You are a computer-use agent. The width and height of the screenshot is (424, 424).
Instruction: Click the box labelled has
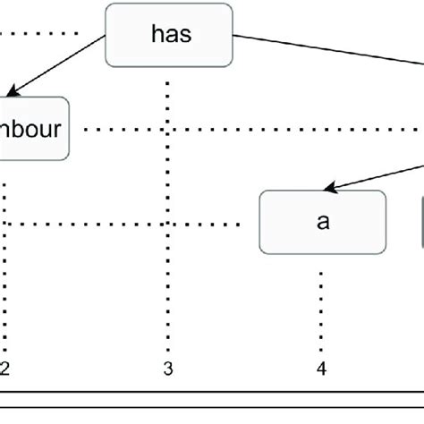click(169, 35)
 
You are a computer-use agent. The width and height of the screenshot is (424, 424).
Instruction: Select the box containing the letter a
click(323, 221)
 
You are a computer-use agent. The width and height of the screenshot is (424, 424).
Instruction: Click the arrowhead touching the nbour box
click(13, 92)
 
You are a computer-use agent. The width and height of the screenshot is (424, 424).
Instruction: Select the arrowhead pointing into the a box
click(330, 188)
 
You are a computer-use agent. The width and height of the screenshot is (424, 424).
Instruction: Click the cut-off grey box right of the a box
click(421, 221)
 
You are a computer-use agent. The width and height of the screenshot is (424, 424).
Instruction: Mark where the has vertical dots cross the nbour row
click(168, 129)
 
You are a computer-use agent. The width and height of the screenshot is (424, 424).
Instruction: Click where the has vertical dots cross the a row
click(168, 222)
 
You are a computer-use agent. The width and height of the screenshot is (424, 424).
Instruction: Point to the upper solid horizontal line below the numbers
click(212, 392)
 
